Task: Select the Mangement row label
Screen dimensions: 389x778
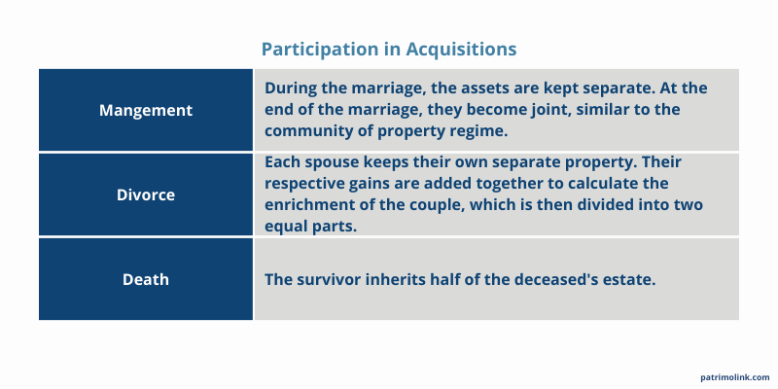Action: point(146,110)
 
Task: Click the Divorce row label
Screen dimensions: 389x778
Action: point(146,194)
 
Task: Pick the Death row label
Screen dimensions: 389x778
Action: point(146,279)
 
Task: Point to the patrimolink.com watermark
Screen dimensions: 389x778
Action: point(734,376)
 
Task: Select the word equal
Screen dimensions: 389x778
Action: point(288,226)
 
